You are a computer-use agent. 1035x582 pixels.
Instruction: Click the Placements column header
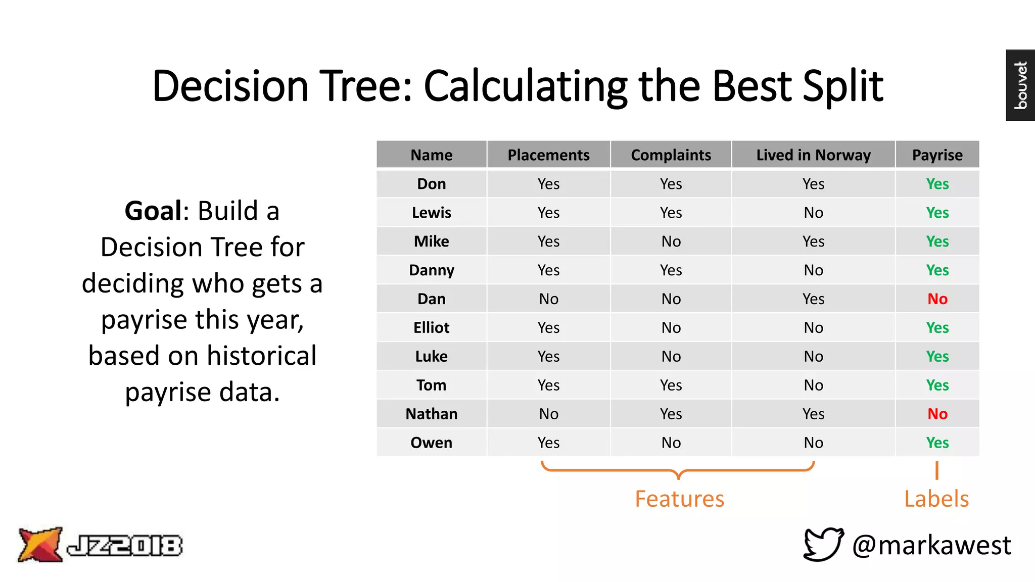pyautogui.click(x=548, y=155)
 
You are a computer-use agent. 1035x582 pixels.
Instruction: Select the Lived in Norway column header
pyautogui.click(x=813, y=155)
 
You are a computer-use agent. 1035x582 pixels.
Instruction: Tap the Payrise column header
pyautogui.click(x=937, y=155)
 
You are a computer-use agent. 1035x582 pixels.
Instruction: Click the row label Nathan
pyautogui.click(x=431, y=414)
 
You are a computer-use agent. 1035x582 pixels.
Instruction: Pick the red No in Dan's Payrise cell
pyautogui.click(x=937, y=299)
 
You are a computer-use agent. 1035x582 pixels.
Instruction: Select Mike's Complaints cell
pyautogui.click(x=671, y=241)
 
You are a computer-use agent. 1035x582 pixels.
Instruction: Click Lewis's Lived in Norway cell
pyautogui.click(x=813, y=213)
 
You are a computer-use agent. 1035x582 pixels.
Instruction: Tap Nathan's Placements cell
pyautogui.click(x=548, y=414)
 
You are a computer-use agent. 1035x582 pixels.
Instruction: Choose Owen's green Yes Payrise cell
pyautogui.click(x=937, y=443)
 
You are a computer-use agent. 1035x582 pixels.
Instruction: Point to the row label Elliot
pyautogui.click(x=431, y=328)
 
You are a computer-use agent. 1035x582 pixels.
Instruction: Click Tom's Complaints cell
pyautogui.click(x=671, y=385)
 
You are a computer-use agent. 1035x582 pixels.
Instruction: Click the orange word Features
pyautogui.click(x=679, y=499)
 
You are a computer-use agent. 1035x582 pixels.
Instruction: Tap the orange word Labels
pyautogui.click(x=936, y=499)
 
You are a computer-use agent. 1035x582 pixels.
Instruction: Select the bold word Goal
pyautogui.click(x=153, y=211)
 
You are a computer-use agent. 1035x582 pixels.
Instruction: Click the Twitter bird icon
pyautogui.click(x=823, y=544)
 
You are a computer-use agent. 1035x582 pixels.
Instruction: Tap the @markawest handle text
pyautogui.click(x=931, y=545)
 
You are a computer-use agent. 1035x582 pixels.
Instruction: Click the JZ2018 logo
pyautogui.click(x=100, y=545)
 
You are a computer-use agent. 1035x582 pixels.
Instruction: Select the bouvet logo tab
pyautogui.click(x=1020, y=85)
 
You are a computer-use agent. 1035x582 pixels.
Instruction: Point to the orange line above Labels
pyautogui.click(x=936, y=470)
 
